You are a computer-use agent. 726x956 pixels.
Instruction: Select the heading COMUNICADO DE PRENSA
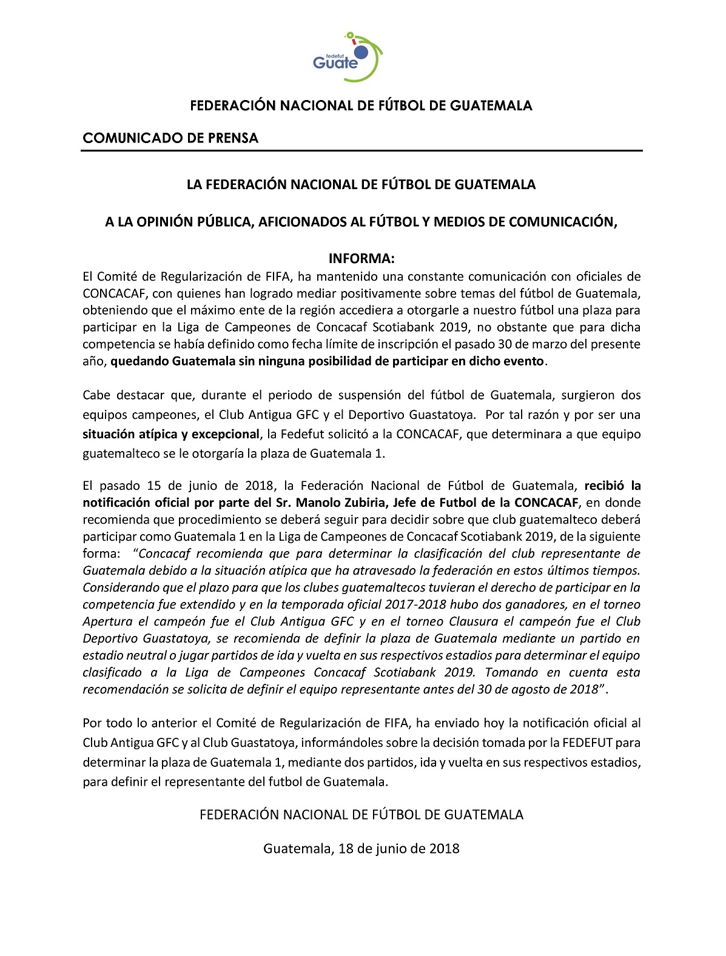pyautogui.click(x=170, y=138)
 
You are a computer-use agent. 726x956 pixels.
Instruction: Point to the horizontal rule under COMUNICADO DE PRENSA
pyautogui.click(x=361, y=150)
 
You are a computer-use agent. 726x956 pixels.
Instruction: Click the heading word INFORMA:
pyautogui.click(x=361, y=259)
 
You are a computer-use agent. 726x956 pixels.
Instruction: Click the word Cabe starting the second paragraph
pyautogui.click(x=96, y=395)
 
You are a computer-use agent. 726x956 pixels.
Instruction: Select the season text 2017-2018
pyautogui.click(x=417, y=604)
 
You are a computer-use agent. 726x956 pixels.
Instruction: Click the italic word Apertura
pyautogui.click(x=107, y=621)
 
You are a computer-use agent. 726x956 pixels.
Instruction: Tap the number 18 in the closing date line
pyautogui.click(x=346, y=849)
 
